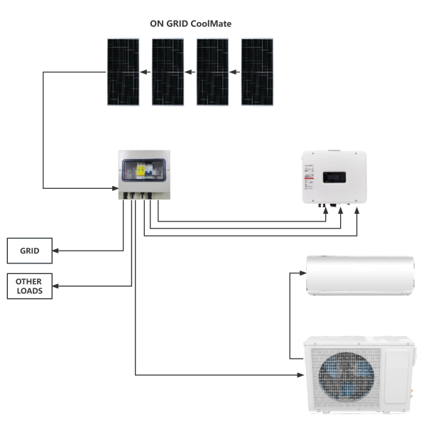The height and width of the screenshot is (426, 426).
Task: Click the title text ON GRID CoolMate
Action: [x=190, y=23]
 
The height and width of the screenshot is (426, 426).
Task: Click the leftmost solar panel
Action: [x=123, y=72]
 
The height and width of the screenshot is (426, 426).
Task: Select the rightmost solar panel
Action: [x=257, y=72]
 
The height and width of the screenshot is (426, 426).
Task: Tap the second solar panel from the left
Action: [x=168, y=72]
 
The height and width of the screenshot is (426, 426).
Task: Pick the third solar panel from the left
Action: [x=212, y=72]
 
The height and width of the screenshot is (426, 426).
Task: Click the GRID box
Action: [x=30, y=251]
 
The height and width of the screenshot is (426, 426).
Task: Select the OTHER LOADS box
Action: [x=30, y=286]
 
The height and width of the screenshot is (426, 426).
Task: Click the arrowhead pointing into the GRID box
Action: [x=55, y=251]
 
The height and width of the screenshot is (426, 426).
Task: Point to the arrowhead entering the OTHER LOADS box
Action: [x=55, y=286]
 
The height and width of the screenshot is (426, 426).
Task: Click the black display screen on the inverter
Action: [x=334, y=177]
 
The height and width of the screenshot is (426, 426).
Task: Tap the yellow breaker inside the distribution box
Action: [x=141, y=170]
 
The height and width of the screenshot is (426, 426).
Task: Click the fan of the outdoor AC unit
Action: [x=346, y=376]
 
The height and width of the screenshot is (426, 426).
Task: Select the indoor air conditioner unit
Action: [x=360, y=275]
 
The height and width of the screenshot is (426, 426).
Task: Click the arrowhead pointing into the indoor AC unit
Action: [x=303, y=273]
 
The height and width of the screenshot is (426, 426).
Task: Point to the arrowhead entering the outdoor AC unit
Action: [x=300, y=375]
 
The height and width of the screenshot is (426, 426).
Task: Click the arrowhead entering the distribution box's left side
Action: [x=115, y=188]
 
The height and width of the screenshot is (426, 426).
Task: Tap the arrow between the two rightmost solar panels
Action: [x=235, y=72]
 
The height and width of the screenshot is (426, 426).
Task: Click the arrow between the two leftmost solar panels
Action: [x=146, y=72]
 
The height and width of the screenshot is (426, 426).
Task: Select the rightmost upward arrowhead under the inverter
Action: [x=356, y=211]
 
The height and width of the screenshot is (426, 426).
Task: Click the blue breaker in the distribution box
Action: [x=148, y=170]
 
